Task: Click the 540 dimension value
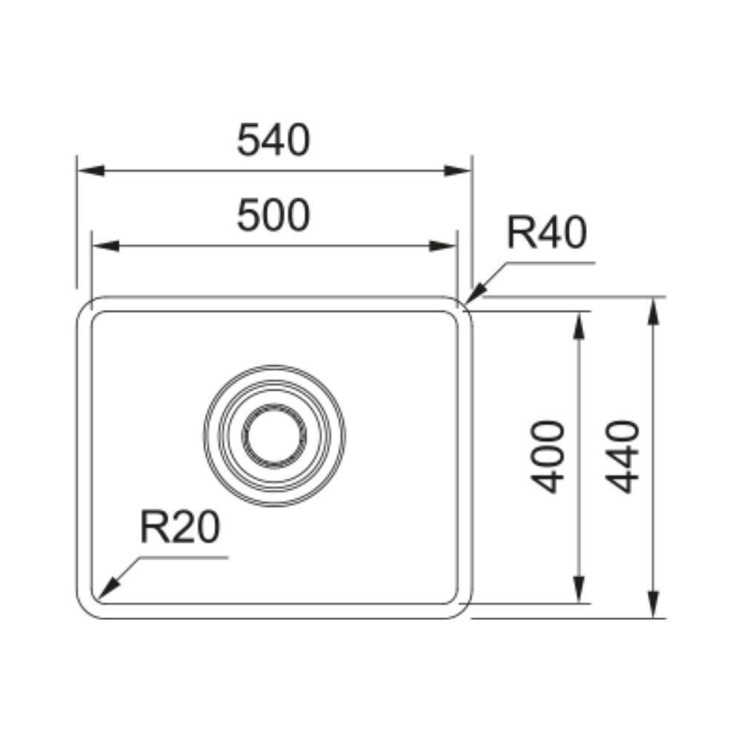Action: (x=273, y=140)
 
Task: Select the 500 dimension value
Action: (x=273, y=216)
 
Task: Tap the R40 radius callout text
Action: (x=546, y=233)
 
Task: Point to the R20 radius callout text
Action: (x=180, y=527)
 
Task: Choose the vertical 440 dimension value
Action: (x=622, y=457)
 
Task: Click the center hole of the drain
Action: (x=274, y=436)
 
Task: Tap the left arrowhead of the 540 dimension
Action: (x=90, y=170)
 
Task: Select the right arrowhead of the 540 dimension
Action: (x=459, y=170)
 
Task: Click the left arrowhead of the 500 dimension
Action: (x=105, y=246)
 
